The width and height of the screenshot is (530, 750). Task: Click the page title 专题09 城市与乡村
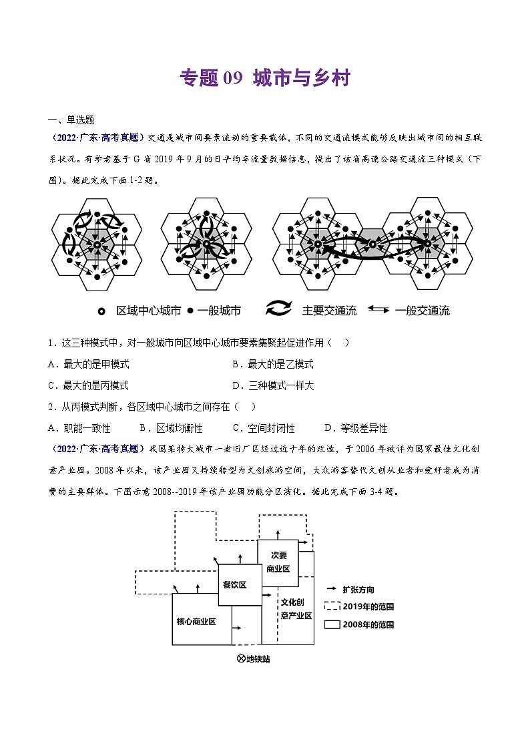[265, 78]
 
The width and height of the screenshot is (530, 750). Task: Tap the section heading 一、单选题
[71, 120]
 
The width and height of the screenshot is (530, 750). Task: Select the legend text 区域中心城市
[149, 311]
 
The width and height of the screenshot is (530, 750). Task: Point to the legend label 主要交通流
[329, 311]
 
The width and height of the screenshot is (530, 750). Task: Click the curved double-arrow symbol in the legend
[279, 309]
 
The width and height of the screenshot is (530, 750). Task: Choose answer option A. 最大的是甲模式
[89, 364]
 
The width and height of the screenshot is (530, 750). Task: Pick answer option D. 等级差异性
[355, 428]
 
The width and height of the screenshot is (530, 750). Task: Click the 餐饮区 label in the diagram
[234, 585]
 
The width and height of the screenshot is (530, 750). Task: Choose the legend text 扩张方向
[358, 590]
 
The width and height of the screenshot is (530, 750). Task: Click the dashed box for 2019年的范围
[332, 606]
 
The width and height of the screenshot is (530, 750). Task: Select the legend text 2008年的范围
[368, 625]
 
